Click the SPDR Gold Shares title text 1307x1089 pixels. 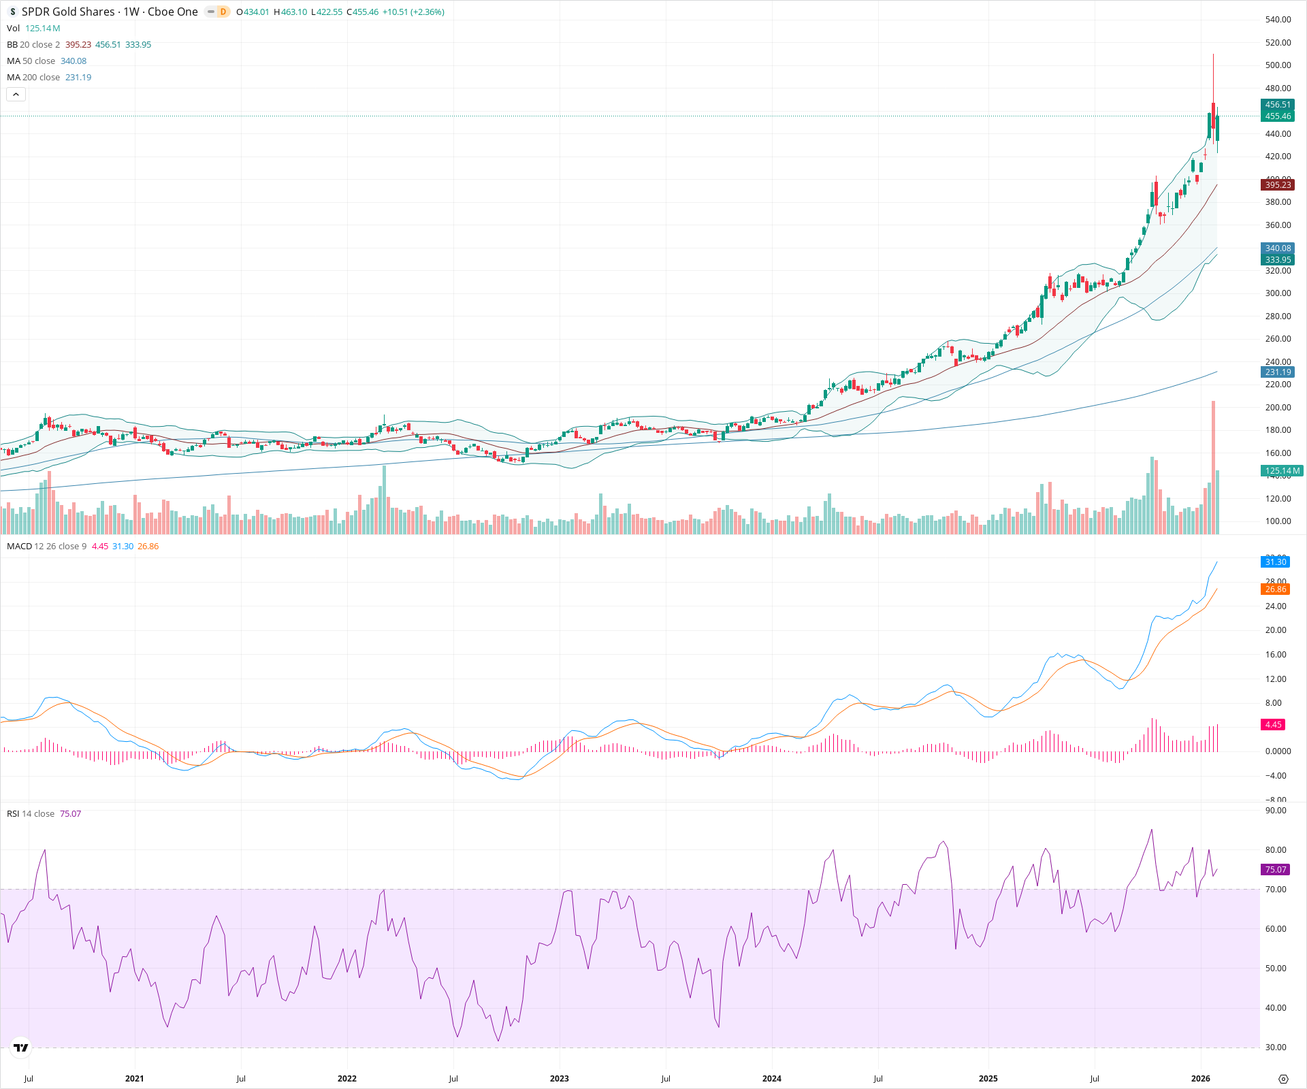pos(68,12)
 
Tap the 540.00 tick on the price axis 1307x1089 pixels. pos(1278,20)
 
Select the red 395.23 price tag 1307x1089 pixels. pos(1277,185)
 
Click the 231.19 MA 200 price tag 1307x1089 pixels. pos(1278,372)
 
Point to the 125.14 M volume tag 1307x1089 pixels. pos(1281,471)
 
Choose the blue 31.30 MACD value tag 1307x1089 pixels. pos(1275,562)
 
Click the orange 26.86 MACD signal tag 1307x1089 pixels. pos(1275,589)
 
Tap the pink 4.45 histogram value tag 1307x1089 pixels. pos(1273,725)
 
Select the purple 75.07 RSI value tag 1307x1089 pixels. pos(1275,870)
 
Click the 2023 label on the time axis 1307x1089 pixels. pos(560,1079)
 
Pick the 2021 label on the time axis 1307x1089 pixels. pos(135,1079)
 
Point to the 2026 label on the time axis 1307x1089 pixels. pos(1200,1079)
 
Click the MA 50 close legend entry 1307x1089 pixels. pos(31,61)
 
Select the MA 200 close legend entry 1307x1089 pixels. pos(33,78)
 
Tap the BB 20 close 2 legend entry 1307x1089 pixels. pos(33,45)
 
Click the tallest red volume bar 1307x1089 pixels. pos(1213,470)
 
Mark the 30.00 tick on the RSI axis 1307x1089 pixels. pos(1276,1047)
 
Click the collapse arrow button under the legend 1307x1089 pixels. pos(16,95)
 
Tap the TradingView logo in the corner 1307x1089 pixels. pos(21,1047)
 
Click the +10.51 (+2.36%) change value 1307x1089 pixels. pos(413,12)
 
